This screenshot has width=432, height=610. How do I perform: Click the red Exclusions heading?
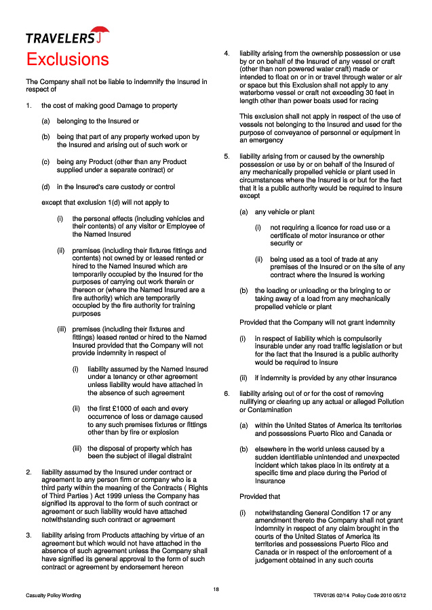tap(67, 59)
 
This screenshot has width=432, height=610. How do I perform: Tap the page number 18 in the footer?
tap(216, 588)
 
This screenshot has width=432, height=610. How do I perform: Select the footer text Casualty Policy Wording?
tap(54, 595)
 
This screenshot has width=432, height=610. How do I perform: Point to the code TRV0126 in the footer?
tap(326, 595)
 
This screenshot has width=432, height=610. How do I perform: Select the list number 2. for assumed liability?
tap(28, 472)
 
